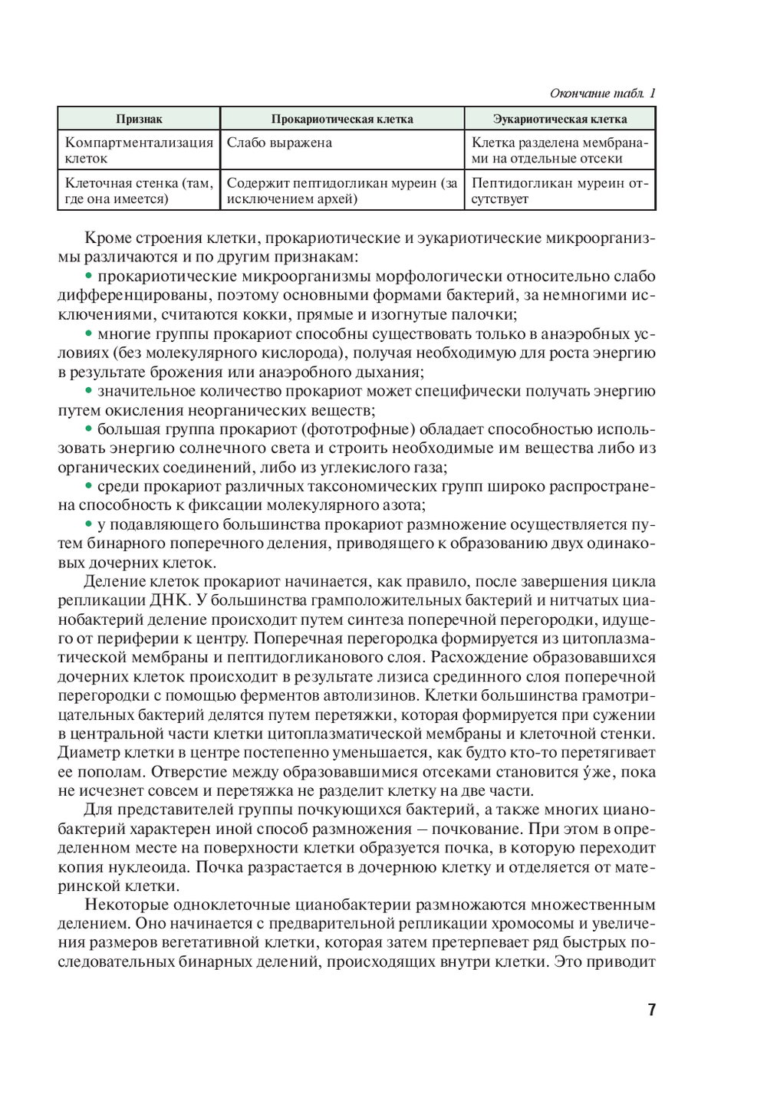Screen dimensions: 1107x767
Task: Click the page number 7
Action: (651, 1009)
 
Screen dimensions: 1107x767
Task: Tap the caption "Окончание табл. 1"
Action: (602, 94)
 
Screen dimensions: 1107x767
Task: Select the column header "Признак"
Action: (139, 119)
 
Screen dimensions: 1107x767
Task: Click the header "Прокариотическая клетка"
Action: (342, 119)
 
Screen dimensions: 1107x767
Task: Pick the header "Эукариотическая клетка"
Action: (559, 119)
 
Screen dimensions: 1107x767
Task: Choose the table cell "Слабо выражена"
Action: (279, 143)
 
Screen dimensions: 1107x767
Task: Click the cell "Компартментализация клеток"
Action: (139, 150)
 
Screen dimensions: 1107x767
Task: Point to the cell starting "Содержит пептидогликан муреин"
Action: (342, 191)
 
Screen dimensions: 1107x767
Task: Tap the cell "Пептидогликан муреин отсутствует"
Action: (559, 191)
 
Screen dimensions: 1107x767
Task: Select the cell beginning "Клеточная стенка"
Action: (139, 191)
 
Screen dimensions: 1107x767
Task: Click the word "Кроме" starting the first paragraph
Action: (106, 238)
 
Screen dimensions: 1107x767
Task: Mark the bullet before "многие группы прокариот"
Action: (88, 333)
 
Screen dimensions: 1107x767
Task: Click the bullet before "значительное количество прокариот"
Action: (88, 391)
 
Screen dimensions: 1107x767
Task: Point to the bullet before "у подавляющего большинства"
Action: (88, 524)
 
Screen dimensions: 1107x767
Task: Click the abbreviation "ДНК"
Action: (170, 600)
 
